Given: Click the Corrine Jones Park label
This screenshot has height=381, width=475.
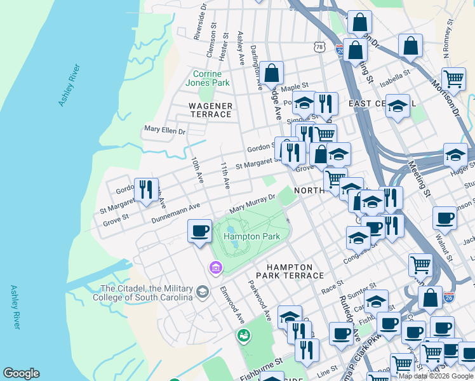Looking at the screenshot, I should [208, 78].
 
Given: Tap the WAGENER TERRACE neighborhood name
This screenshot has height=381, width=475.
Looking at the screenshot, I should [210, 110].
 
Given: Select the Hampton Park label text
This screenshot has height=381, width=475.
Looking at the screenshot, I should [251, 236].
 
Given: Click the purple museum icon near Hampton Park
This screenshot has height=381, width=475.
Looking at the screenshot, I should [215, 268].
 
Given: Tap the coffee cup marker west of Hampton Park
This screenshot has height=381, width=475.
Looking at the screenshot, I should [199, 231].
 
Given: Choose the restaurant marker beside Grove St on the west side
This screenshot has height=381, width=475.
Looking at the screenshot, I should [146, 190].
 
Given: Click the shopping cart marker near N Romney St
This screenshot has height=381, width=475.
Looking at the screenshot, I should [453, 79].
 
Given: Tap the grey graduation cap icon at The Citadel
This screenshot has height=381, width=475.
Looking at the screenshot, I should [203, 292].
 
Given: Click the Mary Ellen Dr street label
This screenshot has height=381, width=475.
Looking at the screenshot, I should [164, 131].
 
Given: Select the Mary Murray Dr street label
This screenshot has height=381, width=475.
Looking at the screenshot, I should [252, 204].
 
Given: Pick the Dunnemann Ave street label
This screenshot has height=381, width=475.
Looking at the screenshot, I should [176, 213].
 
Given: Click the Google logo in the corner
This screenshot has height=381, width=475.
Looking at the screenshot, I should [21, 373].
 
